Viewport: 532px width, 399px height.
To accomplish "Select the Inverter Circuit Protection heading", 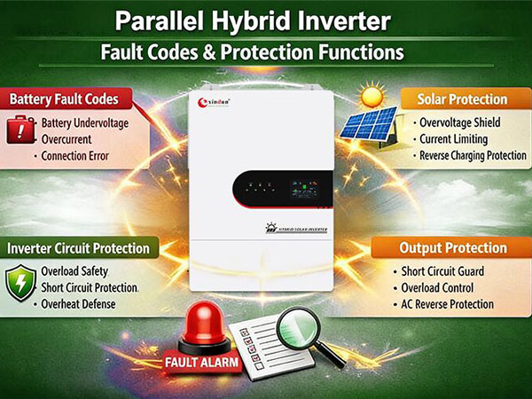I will [x=78, y=247].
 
